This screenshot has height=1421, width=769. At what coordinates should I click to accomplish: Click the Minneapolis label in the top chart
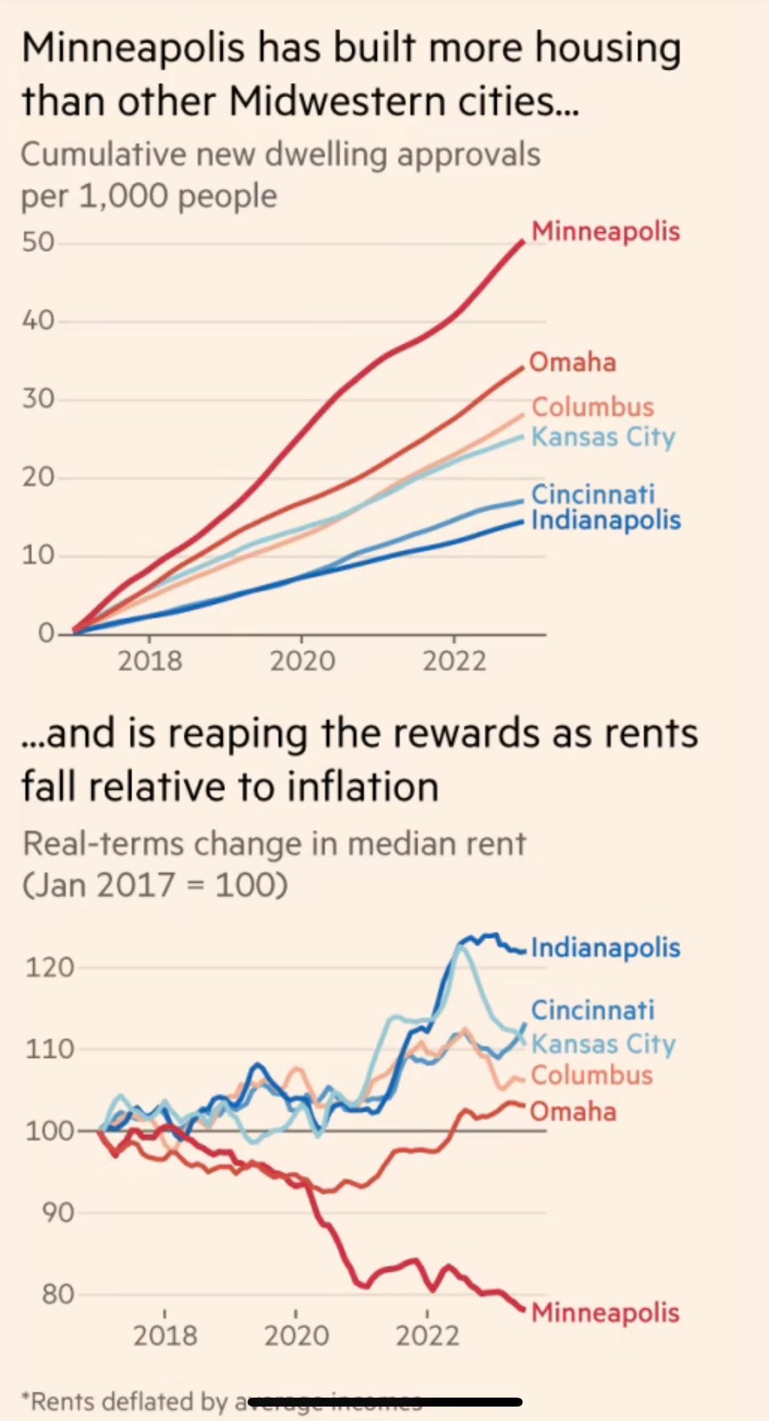[605, 232]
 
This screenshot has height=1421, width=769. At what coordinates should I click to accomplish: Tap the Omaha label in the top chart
[573, 362]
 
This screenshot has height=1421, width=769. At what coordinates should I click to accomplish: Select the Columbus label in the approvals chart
[593, 407]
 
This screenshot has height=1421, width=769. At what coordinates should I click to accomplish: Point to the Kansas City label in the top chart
[603, 437]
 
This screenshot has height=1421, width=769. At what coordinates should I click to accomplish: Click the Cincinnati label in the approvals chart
[593, 494]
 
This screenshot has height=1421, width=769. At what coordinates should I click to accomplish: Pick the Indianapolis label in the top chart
[606, 520]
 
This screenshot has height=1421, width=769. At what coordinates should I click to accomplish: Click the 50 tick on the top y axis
[37, 242]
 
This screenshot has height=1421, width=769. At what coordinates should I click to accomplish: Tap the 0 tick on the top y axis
[46, 633]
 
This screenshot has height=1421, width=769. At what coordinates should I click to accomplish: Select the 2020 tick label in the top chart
[302, 661]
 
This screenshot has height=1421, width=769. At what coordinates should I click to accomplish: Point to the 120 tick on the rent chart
[49, 967]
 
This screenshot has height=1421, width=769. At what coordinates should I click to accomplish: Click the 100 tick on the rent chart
[49, 1131]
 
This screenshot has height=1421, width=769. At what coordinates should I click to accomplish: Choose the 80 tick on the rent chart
[57, 1294]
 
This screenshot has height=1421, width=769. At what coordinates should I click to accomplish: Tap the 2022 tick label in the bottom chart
[428, 1335]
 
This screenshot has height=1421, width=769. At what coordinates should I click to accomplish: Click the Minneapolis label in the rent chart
[605, 1313]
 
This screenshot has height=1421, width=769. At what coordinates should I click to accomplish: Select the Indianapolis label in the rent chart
[606, 948]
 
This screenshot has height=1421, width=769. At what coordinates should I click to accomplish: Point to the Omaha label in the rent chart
[573, 1112]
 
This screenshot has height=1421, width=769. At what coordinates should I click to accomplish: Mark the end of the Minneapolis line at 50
[523, 241]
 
